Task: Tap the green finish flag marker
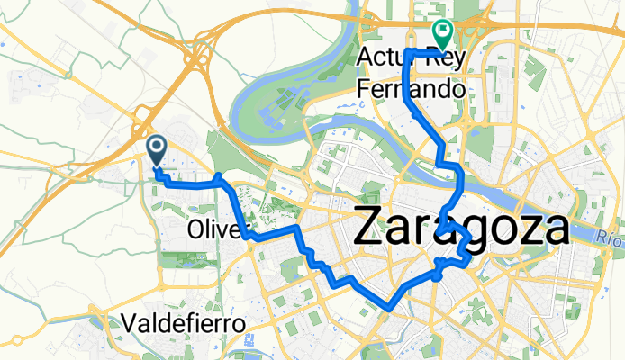pyautogui.click(x=442, y=33)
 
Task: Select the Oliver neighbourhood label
pyautogui.click(x=215, y=230)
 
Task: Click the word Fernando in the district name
pyautogui.click(x=411, y=89)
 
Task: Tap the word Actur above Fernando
pyautogui.click(x=385, y=58)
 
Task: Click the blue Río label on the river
pyautogui.click(x=609, y=238)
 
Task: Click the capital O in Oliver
pyautogui.click(x=197, y=230)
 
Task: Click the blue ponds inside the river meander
pyautogui.click(x=270, y=115)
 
